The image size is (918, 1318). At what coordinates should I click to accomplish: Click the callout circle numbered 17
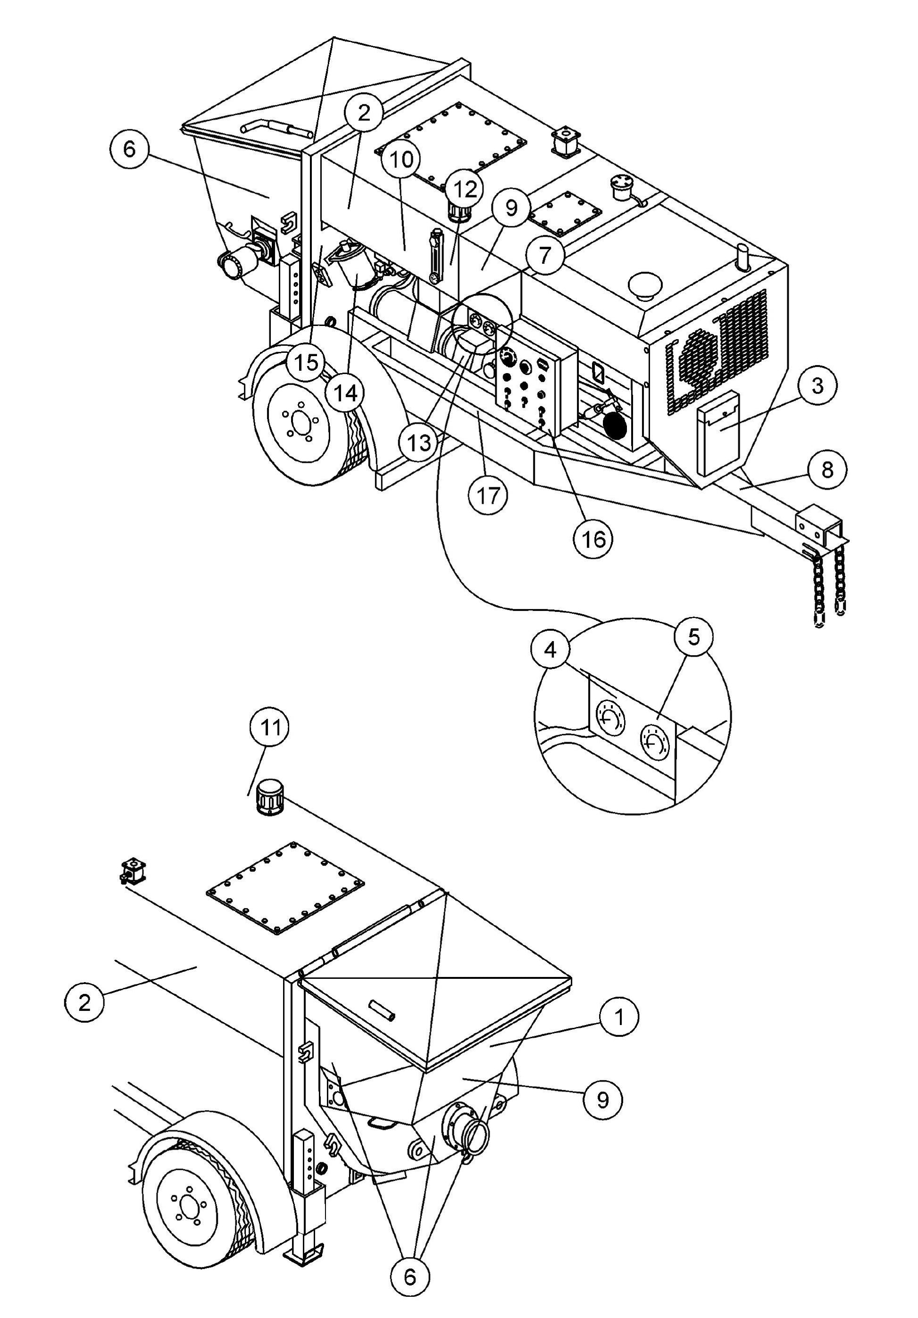click(x=488, y=495)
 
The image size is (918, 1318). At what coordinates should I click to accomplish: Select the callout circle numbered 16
click(x=593, y=538)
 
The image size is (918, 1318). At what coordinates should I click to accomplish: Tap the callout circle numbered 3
click(x=817, y=386)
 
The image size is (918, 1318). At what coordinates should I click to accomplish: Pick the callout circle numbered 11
click(x=270, y=727)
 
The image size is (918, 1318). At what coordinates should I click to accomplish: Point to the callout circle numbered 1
click(x=618, y=1017)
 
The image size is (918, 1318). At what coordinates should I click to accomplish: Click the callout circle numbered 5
click(x=693, y=636)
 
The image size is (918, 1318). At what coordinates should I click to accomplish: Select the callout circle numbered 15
click(x=307, y=362)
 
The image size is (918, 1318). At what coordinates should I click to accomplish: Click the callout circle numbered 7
click(x=544, y=254)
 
